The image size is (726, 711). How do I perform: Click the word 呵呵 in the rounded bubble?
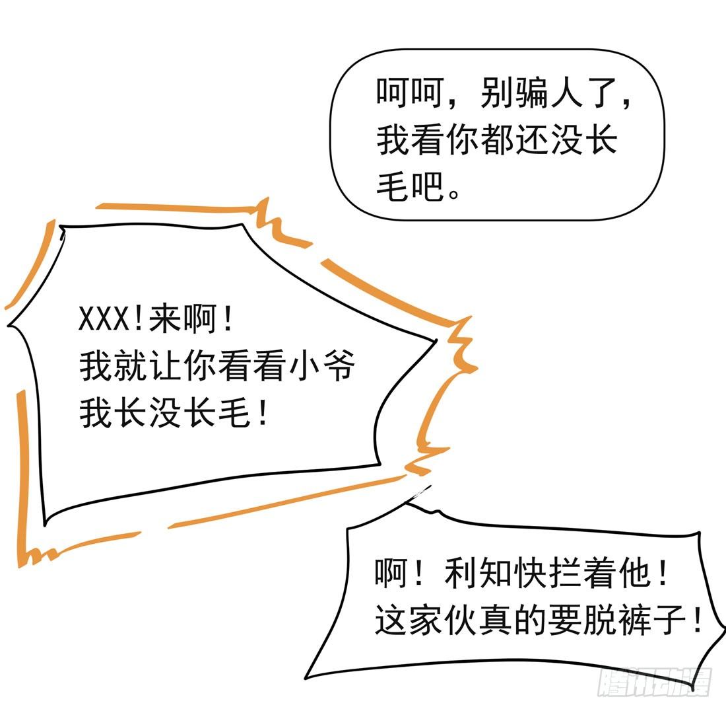pos(409,93)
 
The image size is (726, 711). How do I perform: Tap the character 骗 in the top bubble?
pos(530,93)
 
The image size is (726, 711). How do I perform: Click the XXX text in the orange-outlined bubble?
pos(104,319)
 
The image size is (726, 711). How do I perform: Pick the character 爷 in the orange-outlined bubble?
pos(339,365)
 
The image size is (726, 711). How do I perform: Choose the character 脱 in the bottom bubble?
pos(599,620)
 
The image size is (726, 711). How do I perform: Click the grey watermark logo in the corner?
pos(654,683)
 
